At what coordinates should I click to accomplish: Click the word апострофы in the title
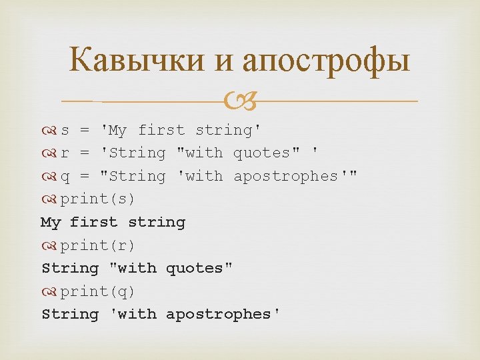[327, 61]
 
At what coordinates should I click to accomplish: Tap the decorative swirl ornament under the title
[239, 102]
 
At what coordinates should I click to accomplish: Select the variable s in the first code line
[65, 130]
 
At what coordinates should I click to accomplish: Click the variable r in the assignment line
[65, 153]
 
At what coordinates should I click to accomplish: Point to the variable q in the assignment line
[65, 177]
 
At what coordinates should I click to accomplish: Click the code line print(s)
[97, 199]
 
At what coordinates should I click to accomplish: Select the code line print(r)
[97, 245]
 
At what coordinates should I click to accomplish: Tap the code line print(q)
[97, 291]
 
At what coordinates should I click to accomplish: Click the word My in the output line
[51, 222]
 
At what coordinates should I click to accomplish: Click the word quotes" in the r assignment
[266, 153]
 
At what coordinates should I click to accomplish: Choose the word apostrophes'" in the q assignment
[295, 177]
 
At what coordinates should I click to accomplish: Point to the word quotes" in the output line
[199, 268]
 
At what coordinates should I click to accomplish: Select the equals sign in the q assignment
[85, 177]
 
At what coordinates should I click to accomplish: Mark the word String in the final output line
[69, 314]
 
